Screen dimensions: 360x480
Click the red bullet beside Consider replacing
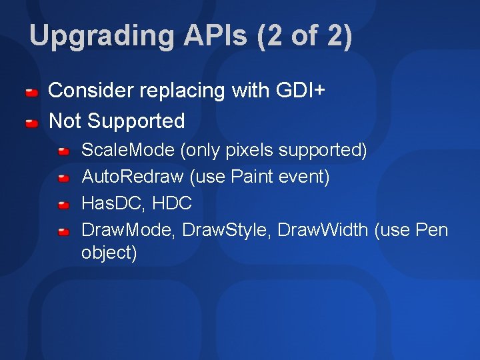coord(31,91)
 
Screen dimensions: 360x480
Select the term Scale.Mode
coord(128,151)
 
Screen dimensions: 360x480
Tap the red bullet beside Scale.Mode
coord(63,151)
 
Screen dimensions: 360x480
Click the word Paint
coord(251,177)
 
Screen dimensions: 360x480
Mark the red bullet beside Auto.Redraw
coord(63,178)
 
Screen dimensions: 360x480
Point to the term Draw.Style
coord(225,230)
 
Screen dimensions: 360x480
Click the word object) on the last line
coord(109,253)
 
